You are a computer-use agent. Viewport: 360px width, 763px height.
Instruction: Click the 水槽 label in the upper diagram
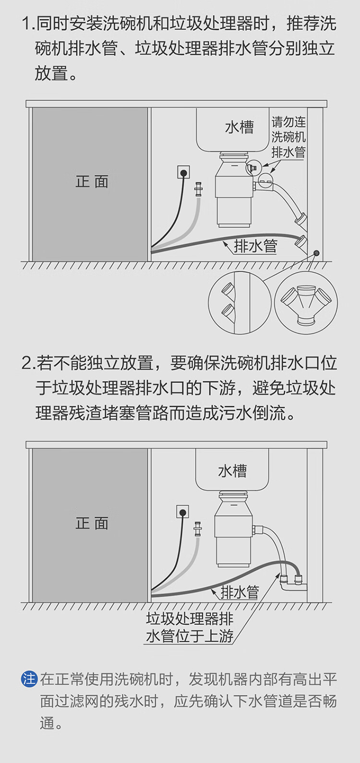pos(239,127)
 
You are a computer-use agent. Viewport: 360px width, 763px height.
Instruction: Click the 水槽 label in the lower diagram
pos(232,471)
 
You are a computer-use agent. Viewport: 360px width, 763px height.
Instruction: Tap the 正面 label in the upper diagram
pos(92,181)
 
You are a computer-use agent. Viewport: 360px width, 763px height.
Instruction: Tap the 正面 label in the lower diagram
pos(92,523)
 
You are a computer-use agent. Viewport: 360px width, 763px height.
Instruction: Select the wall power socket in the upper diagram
pos(183,171)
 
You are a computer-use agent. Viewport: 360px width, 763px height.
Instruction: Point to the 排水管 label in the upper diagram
pos(255,246)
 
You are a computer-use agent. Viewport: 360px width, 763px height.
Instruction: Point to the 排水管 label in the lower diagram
pos(240,592)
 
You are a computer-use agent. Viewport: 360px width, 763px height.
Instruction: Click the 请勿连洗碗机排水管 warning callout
pos(288,138)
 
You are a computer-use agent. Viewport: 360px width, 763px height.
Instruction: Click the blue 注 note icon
pos(29,680)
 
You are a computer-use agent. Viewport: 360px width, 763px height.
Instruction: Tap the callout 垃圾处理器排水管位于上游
pos(190,627)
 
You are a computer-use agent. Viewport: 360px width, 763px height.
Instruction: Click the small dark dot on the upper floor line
pos(316,253)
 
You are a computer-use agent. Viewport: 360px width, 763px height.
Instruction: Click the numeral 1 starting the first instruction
pos(27,24)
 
